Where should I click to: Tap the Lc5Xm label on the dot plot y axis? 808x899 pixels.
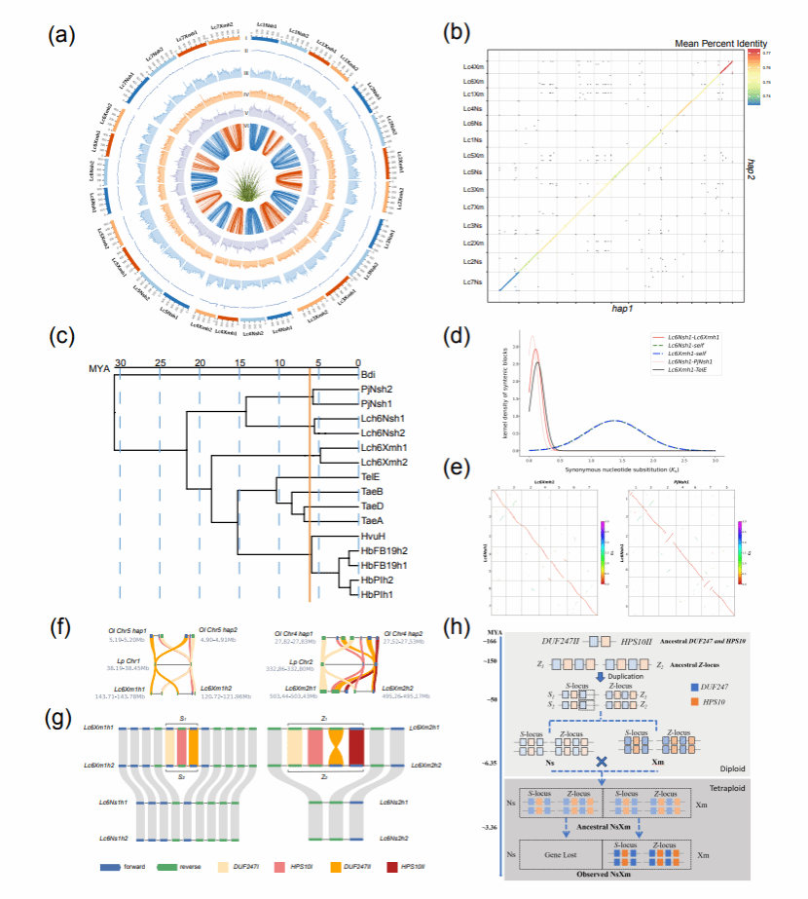pyautogui.click(x=474, y=155)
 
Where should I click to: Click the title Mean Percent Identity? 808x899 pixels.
pyautogui.click(x=719, y=44)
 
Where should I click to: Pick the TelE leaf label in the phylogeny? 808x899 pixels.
pyautogui.click(x=370, y=478)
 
